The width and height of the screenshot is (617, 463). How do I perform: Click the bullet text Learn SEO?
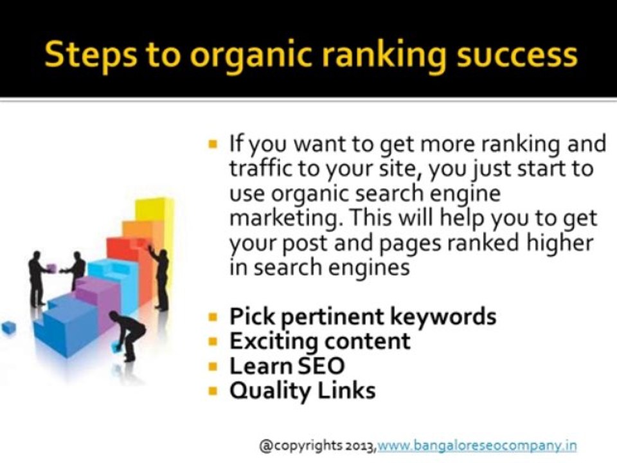point(287,366)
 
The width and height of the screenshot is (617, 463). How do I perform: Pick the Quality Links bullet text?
point(302,390)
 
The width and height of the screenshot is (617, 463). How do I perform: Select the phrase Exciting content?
point(319,341)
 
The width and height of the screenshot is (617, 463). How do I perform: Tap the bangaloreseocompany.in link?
point(477,445)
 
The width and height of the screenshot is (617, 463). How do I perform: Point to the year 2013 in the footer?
point(356,445)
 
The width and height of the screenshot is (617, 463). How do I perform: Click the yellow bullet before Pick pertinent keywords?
point(213,317)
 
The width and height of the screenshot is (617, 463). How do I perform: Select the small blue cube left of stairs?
point(8,328)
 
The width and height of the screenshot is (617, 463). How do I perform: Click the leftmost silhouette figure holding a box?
point(38,277)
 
